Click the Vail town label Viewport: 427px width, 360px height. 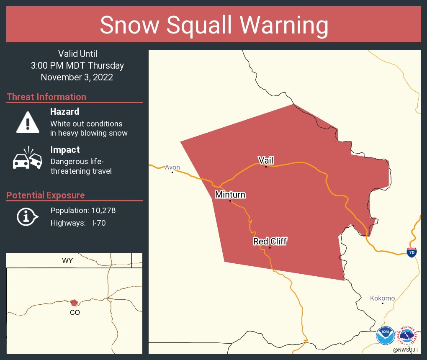[x=266, y=160]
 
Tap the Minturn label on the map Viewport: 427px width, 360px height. [x=230, y=195]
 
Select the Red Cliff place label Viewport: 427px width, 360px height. [x=270, y=241]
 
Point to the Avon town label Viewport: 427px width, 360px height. [x=172, y=167]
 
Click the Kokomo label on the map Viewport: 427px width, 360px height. [x=382, y=298]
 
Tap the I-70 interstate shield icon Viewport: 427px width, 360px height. [x=412, y=252]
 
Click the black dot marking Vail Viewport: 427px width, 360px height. [x=266, y=167]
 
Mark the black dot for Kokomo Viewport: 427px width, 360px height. [x=382, y=303]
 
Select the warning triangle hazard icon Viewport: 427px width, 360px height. [x=28, y=122]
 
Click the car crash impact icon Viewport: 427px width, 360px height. [x=28, y=159]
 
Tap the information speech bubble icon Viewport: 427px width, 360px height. [x=27, y=216]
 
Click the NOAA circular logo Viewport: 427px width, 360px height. [x=385, y=336]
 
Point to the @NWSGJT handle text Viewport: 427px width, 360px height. [x=406, y=350]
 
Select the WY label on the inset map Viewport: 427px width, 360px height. [x=67, y=260]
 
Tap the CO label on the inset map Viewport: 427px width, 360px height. [x=75, y=312]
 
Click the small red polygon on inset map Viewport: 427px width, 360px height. [x=74, y=303]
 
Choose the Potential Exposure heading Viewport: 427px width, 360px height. [x=46, y=195]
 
